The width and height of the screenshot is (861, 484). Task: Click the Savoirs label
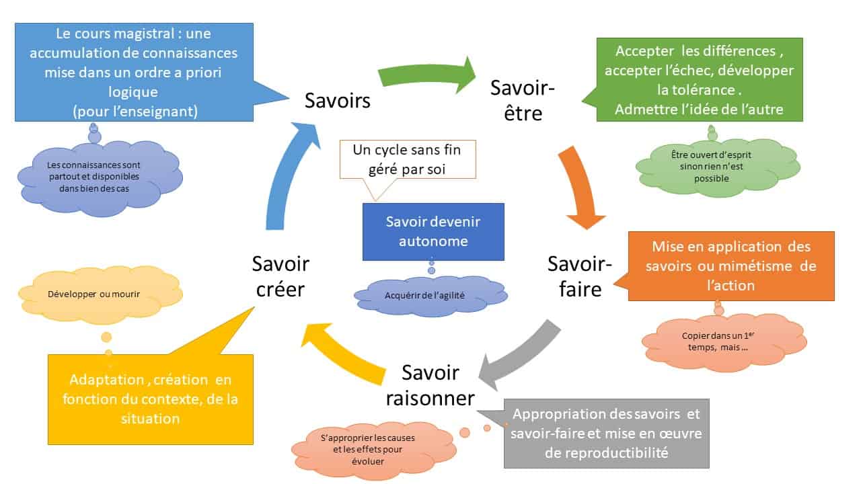(x=338, y=101)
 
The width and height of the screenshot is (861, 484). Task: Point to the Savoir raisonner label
(x=430, y=385)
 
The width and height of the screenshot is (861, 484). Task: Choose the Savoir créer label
(x=280, y=276)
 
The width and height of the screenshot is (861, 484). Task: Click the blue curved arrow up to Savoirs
(x=283, y=182)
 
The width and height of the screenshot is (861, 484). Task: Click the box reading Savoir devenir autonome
(x=433, y=231)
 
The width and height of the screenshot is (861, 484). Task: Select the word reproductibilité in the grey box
(x=607, y=452)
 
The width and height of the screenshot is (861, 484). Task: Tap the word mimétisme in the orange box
(x=750, y=266)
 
